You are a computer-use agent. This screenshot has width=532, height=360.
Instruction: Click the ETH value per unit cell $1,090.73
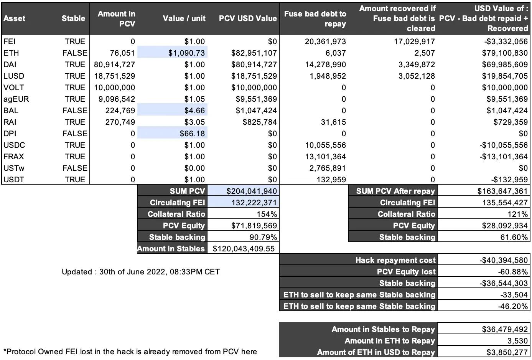pos(186,53)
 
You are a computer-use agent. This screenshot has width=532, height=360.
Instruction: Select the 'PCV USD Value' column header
pos(248,18)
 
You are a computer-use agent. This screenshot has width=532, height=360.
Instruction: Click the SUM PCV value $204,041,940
pos(252,191)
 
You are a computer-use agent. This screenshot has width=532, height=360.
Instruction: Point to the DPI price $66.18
pos(192,134)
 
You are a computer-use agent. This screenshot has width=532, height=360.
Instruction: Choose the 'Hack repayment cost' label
pos(395,260)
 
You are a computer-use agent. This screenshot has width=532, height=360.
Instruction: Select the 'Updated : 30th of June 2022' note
pos(141,272)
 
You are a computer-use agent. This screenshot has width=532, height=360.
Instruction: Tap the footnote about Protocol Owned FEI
pos(130,352)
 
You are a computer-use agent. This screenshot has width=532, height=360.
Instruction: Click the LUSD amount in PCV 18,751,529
pos(115,76)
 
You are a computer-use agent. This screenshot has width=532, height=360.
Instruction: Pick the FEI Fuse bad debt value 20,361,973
pos(325,41)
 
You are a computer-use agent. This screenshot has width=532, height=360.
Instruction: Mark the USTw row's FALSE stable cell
pos(75,168)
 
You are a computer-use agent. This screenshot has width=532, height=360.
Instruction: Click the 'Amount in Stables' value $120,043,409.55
pos(244,249)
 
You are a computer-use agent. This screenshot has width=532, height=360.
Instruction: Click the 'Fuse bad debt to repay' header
pos(315,18)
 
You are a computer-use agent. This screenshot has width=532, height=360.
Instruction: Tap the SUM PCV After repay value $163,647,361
pos(503,191)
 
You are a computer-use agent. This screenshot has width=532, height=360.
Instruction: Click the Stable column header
pos(73,18)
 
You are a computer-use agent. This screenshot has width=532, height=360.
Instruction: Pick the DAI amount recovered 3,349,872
pos(417,64)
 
